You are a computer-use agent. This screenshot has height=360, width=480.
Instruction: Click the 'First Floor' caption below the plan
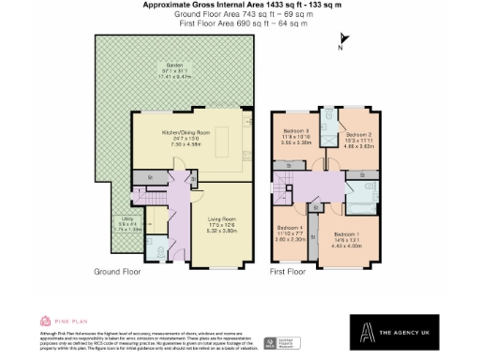(290, 272)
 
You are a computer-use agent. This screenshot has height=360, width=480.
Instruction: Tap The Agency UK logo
(409, 331)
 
